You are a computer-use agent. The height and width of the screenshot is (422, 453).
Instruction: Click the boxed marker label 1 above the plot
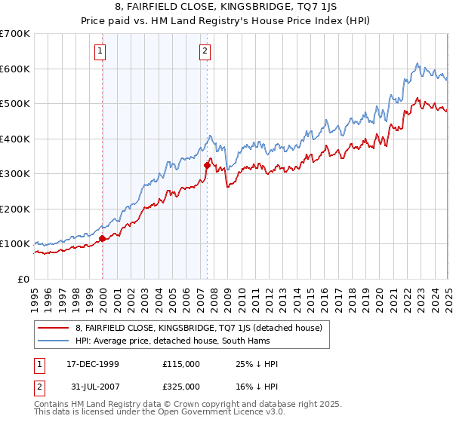pos(101,51)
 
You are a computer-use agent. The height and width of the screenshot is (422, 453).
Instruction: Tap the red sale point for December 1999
pos(102,239)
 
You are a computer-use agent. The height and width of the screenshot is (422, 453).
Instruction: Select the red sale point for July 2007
pos(207,166)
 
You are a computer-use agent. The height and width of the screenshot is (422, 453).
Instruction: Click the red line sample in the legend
pos(53,328)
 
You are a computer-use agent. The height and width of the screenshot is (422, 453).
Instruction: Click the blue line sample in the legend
pos(53,341)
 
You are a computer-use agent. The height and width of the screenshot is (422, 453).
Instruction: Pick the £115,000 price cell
pos(181,363)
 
